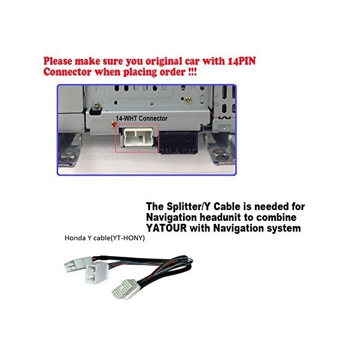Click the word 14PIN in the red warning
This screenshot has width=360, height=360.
click(242, 61)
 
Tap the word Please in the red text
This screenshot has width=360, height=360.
click(58, 61)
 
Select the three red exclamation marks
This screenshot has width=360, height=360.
click(193, 72)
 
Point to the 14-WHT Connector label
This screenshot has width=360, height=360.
click(142, 118)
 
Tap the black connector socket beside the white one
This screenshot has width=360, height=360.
click(178, 143)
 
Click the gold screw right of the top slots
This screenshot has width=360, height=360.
click(188, 100)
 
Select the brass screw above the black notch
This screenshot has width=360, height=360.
click(97, 106)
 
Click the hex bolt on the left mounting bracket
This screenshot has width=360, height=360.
click(68, 155)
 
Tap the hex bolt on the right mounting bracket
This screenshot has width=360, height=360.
click(218, 152)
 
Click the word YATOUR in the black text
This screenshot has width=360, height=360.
click(166, 228)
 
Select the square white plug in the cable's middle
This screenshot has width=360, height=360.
click(97, 272)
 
